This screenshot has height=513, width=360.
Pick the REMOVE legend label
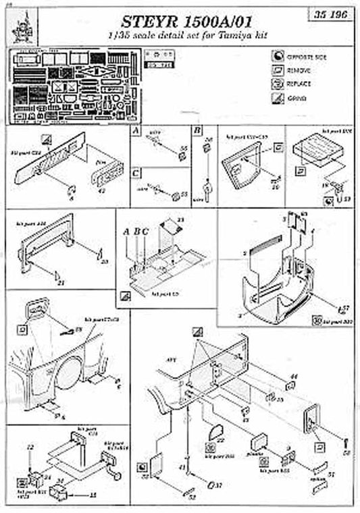(299, 70)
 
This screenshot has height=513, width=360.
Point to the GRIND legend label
(298, 98)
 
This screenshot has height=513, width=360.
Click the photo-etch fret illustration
(68, 85)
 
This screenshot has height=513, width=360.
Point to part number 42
(102, 192)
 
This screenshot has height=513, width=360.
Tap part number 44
(294, 376)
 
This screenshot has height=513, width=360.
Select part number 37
(219, 485)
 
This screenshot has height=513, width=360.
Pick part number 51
(331, 475)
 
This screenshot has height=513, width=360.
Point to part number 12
(29, 448)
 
